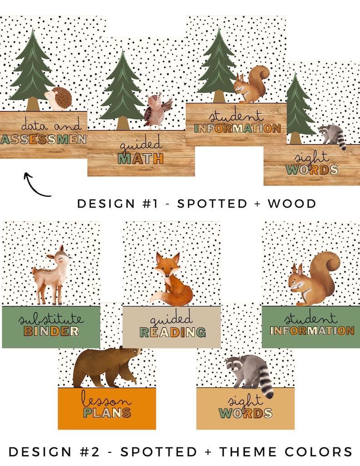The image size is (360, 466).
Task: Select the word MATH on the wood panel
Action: pyautogui.click(x=141, y=159)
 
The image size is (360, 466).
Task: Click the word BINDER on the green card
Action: pyautogui.click(x=51, y=331)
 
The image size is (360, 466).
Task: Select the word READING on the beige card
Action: pyautogui.click(x=172, y=333)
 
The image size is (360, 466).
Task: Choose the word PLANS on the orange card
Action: pyautogui.click(x=107, y=413)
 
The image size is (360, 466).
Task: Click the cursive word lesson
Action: pyautogui.click(x=107, y=400)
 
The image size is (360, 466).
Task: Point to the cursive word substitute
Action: pyautogui.click(x=51, y=319)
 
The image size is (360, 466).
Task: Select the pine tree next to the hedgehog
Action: pyautogui.click(x=32, y=70)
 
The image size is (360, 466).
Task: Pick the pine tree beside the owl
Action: pyautogui.click(x=121, y=91)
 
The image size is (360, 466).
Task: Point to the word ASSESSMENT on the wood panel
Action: pyautogui.click(x=44, y=139)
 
